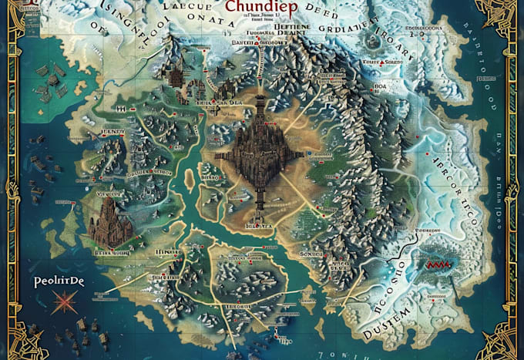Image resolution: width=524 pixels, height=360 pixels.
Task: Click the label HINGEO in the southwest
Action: click(x=166, y=253)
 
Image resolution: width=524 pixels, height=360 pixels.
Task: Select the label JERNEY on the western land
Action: click(x=114, y=133)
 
